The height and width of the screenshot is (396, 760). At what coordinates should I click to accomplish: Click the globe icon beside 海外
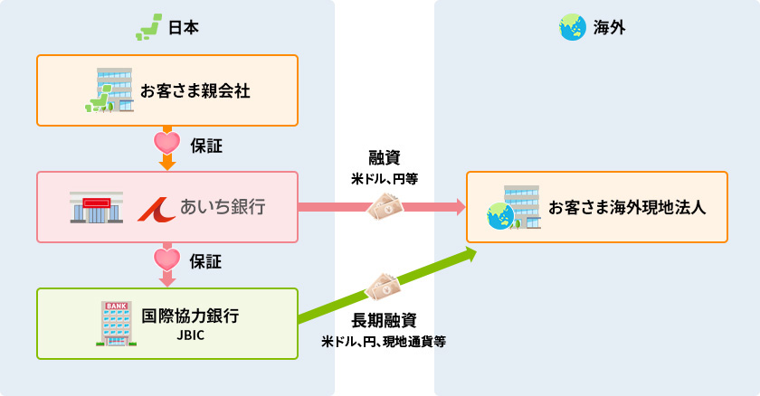[x=571, y=28]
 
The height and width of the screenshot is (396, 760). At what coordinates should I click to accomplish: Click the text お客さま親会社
[x=195, y=91]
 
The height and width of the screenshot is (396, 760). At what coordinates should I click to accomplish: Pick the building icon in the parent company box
[x=109, y=90]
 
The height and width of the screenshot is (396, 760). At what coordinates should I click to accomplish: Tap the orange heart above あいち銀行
[x=166, y=143]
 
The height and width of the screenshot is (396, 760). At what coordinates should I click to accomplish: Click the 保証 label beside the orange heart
[x=206, y=144]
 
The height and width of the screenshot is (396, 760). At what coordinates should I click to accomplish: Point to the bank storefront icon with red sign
[x=95, y=208]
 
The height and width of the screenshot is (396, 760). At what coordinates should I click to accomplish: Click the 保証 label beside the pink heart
[x=206, y=262]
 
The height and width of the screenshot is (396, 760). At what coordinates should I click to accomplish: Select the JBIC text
[x=191, y=336]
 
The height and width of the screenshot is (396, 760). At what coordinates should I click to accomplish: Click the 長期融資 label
[x=384, y=320]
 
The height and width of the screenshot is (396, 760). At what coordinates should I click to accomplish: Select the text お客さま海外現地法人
[x=627, y=208]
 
